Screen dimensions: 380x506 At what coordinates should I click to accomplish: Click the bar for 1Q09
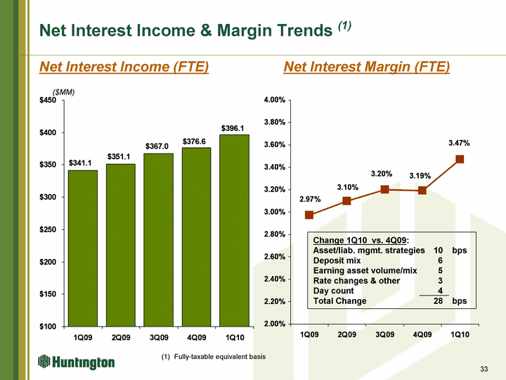(x=83, y=248)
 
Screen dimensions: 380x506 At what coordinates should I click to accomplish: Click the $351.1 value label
(x=121, y=156)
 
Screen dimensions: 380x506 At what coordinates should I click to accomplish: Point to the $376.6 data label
(x=196, y=141)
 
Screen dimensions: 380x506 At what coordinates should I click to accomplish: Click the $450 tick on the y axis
(x=48, y=101)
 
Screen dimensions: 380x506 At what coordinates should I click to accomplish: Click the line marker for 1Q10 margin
(x=460, y=159)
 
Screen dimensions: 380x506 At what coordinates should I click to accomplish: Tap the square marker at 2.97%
(x=309, y=215)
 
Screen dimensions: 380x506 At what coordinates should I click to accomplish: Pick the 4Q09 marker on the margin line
(x=422, y=190)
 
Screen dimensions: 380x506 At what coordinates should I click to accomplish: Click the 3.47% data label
(x=459, y=144)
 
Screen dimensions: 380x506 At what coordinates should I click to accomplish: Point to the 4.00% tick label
(x=274, y=101)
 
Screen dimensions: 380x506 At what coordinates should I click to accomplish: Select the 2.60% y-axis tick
(x=274, y=257)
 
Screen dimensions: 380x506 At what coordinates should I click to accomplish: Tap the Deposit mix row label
(x=339, y=260)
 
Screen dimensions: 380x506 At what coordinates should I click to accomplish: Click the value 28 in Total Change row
(x=438, y=300)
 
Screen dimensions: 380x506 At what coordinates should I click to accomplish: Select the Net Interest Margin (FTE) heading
(x=366, y=67)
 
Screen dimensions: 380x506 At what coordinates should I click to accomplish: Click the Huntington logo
(x=77, y=362)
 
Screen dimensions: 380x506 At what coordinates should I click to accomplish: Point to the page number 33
(x=484, y=369)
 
